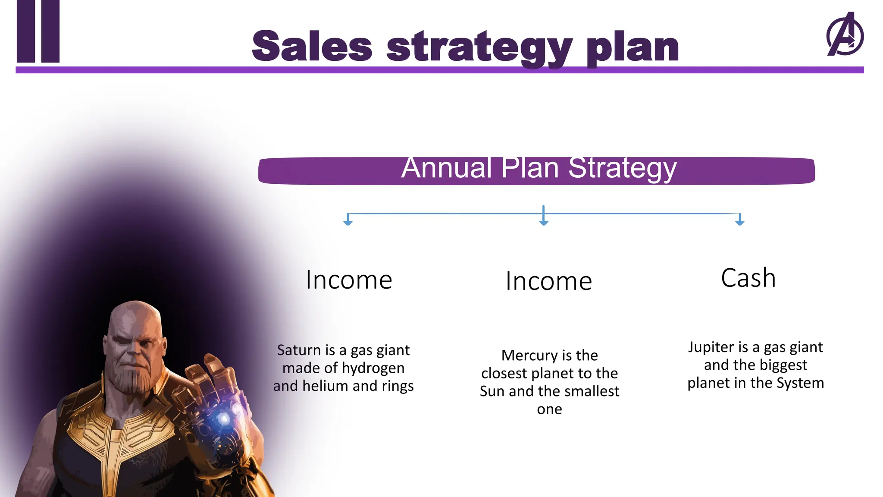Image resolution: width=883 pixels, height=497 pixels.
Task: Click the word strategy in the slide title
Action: pyautogui.click(x=479, y=47)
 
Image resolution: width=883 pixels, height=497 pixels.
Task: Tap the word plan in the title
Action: pyautogui.click(x=633, y=47)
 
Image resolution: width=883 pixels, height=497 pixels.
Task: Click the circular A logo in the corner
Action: pyautogui.click(x=845, y=35)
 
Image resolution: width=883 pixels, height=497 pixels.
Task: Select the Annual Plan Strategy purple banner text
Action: pyautogui.click(x=539, y=168)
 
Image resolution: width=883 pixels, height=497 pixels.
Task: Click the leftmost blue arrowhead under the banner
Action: pyautogui.click(x=348, y=222)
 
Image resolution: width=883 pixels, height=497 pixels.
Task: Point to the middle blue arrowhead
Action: pyautogui.click(x=544, y=222)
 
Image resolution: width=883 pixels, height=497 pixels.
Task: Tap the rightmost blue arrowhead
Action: pyautogui.click(x=740, y=222)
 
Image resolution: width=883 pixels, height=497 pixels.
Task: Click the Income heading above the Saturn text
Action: pyautogui.click(x=349, y=280)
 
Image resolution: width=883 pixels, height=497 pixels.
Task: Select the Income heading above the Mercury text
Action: pyautogui.click(x=548, y=281)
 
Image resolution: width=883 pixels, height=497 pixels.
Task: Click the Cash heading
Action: pyautogui.click(x=748, y=278)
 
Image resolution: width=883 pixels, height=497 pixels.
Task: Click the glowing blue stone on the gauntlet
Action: pyautogui.click(x=224, y=418)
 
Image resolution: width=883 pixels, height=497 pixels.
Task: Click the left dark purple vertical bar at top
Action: pyautogui.click(x=25, y=31)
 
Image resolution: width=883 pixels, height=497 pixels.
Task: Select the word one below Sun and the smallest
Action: pyautogui.click(x=549, y=409)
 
